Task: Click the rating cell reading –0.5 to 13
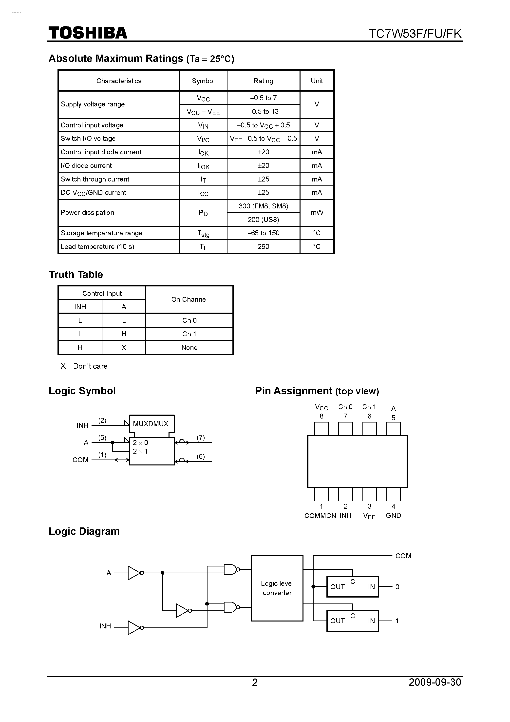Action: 263,112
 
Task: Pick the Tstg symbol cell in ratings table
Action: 203,233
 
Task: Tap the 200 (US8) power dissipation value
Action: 263,220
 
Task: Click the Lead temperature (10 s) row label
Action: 97,246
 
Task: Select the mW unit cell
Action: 317,213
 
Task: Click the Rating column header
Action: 263,81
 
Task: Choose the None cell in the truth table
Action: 189,347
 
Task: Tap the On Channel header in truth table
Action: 189,299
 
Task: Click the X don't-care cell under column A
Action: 124,347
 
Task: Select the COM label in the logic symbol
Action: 80,460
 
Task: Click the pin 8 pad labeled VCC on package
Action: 321,429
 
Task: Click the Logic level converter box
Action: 277,588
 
